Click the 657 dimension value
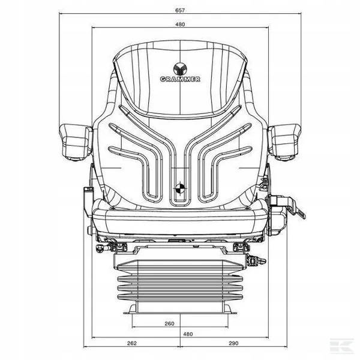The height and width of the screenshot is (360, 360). pyautogui.click(x=180, y=10)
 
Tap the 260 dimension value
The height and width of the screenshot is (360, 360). pyautogui.click(x=169, y=323)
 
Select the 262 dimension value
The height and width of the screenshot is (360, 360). pyautogui.click(x=132, y=343)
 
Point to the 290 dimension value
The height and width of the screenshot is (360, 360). pyautogui.click(x=233, y=343)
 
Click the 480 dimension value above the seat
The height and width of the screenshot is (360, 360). pyautogui.click(x=180, y=25)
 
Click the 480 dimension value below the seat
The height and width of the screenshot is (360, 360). pyautogui.click(x=188, y=334)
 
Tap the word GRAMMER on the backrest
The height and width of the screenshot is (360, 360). pyautogui.click(x=180, y=79)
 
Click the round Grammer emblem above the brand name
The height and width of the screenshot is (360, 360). pyautogui.click(x=180, y=68)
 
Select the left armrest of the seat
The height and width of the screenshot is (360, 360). pyautogui.click(x=76, y=142)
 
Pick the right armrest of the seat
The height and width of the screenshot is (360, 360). pyautogui.click(x=284, y=142)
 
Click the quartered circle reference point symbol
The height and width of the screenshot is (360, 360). pyautogui.click(x=180, y=188)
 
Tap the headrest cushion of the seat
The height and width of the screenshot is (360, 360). pyautogui.click(x=180, y=78)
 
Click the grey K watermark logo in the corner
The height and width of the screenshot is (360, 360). pyautogui.click(x=342, y=345)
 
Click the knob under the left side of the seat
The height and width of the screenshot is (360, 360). pyautogui.click(x=100, y=248)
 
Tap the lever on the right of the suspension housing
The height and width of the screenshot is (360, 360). pyautogui.click(x=257, y=261)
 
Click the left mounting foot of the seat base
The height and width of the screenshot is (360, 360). pyautogui.click(x=131, y=309)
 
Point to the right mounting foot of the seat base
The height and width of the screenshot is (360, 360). pyautogui.click(x=230, y=309)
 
